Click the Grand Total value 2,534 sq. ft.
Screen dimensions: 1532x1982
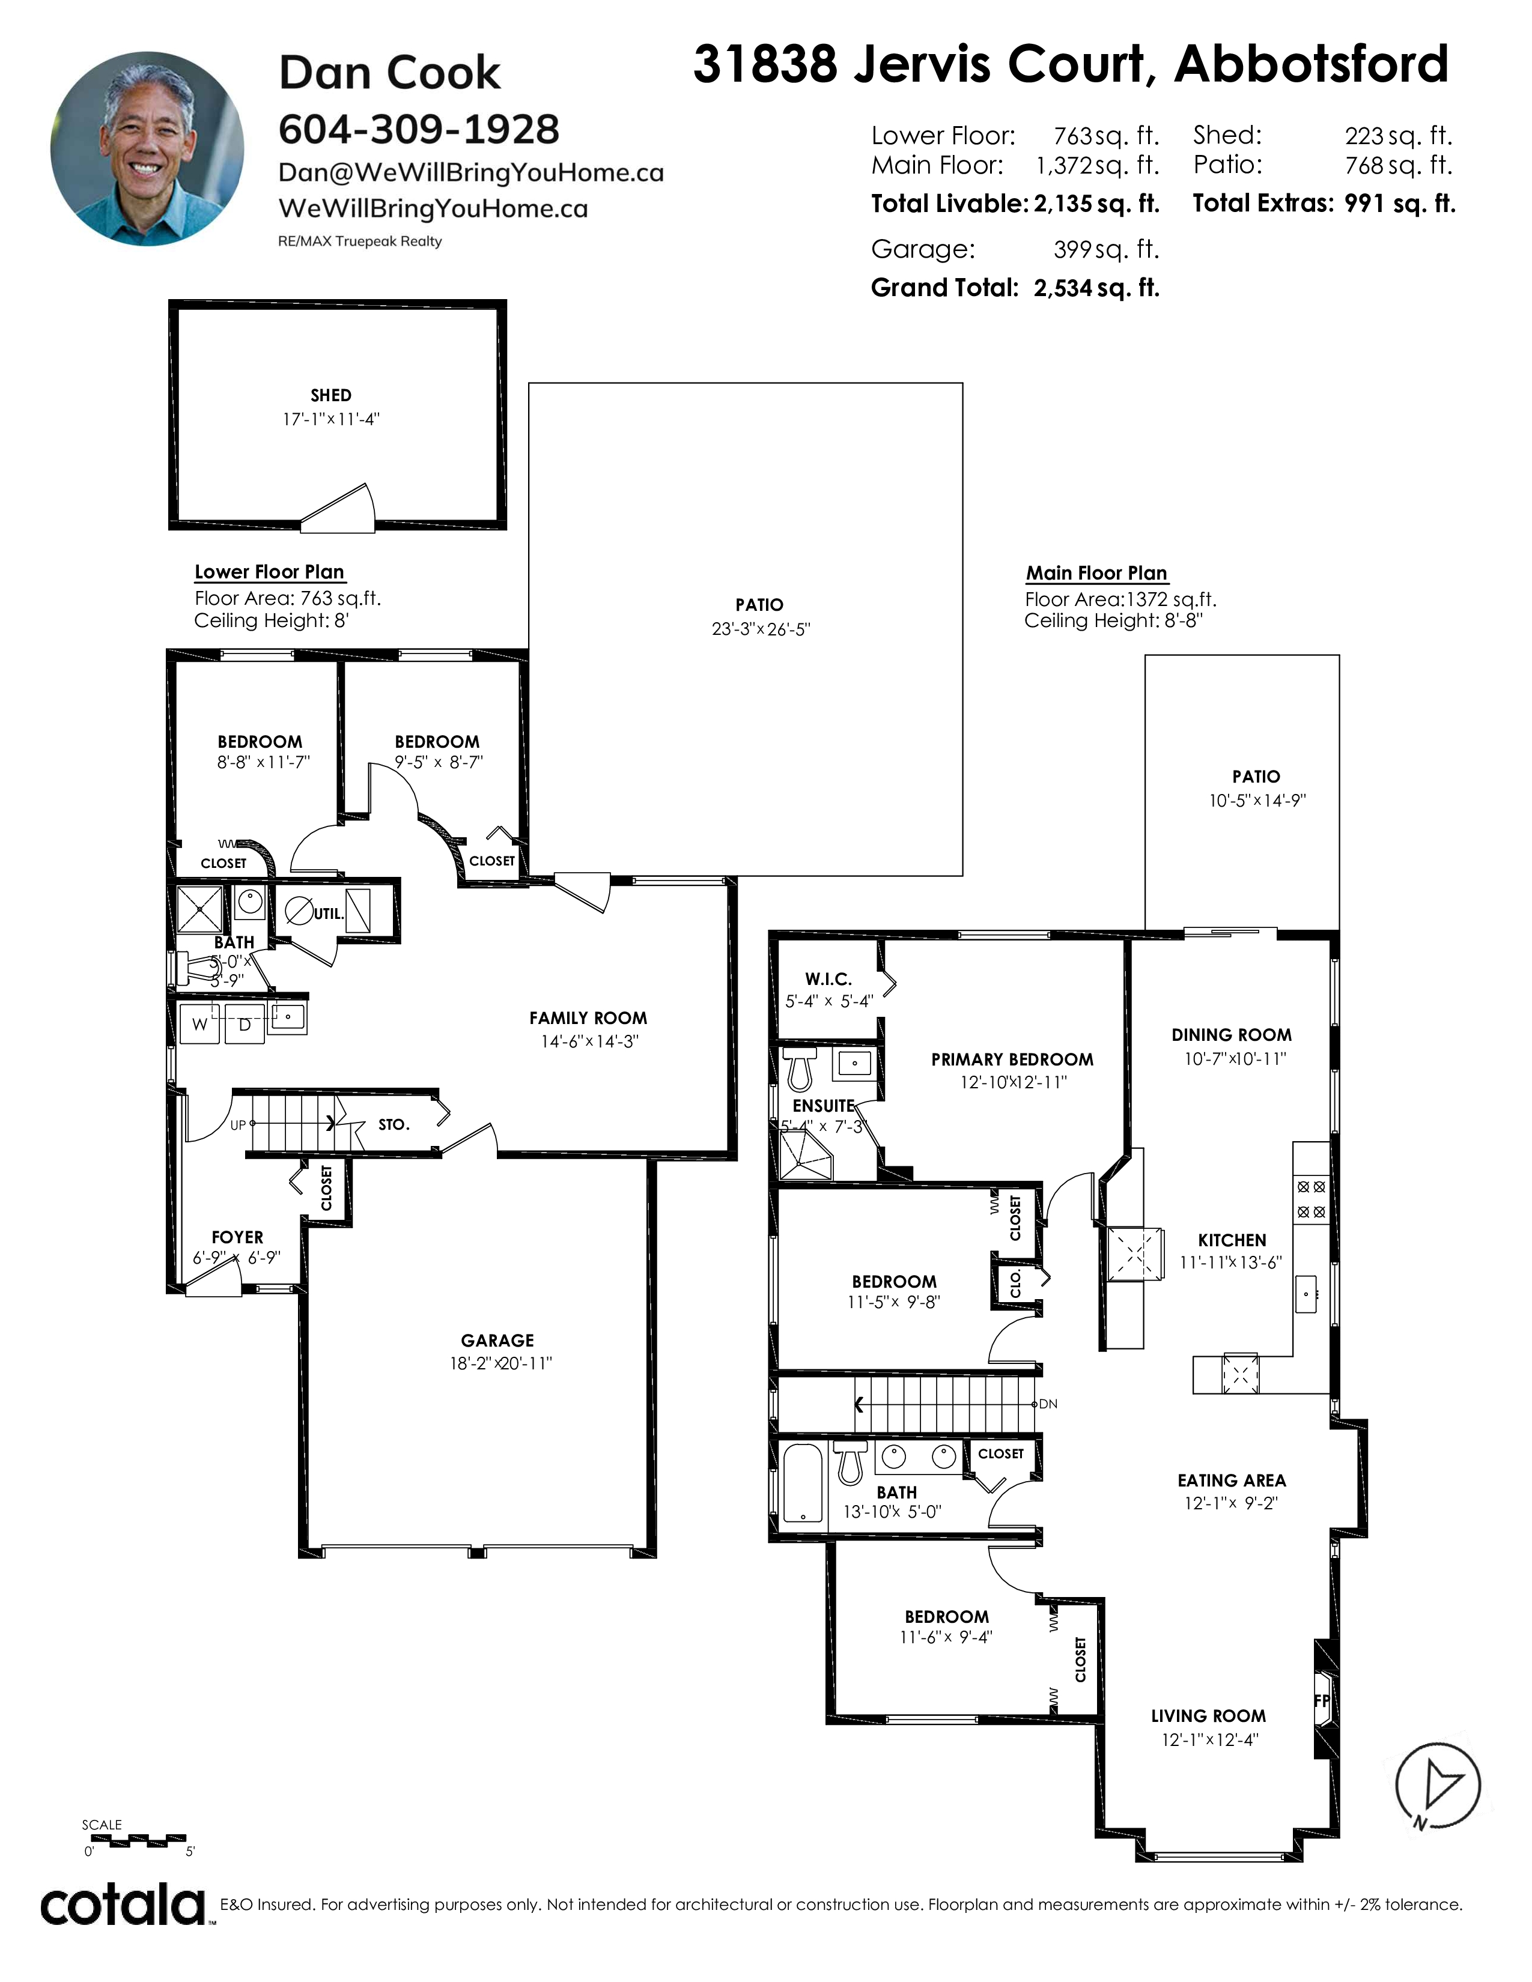[x=1096, y=288]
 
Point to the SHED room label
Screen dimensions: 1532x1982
[x=330, y=396]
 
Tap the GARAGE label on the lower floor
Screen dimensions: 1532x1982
[x=497, y=1341]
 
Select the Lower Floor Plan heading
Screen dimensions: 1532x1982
[x=270, y=572]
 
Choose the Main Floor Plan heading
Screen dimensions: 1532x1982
[x=1096, y=574]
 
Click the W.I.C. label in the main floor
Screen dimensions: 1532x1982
[x=828, y=979]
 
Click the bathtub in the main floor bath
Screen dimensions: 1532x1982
[x=802, y=1483]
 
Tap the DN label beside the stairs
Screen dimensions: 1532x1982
[x=1048, y=1404]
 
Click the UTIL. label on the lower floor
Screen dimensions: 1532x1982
[x=329, y=914]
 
